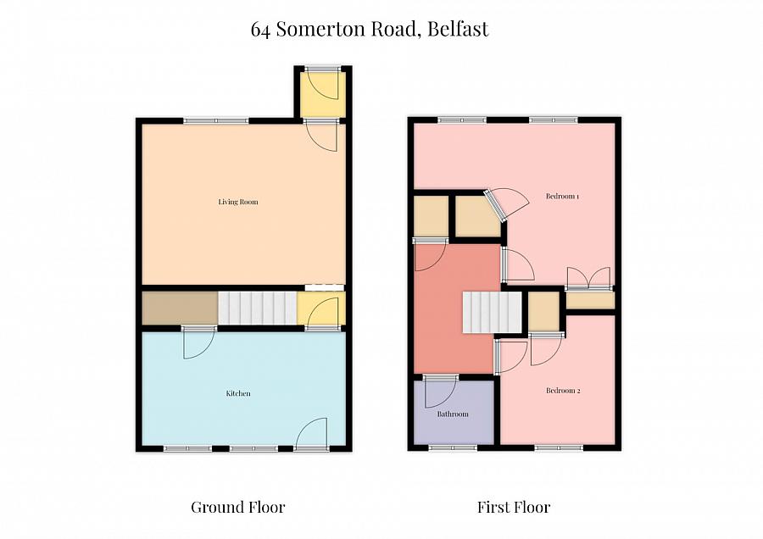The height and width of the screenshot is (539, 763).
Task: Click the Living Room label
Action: point(237,202)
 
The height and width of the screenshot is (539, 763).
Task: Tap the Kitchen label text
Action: point(237,393)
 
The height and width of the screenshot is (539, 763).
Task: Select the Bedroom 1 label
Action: point(562,197)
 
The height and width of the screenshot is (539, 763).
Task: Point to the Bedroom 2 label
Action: point(562,391)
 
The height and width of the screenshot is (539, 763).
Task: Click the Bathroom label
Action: point(453,414)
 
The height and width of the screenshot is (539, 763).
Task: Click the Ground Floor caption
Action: point(237,508)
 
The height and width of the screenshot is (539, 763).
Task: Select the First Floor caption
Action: point(514,508)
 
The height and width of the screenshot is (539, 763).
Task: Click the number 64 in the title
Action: point(261,30)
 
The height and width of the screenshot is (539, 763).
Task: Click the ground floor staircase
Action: point(258,308)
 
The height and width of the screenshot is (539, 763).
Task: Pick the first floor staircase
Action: point(491,312)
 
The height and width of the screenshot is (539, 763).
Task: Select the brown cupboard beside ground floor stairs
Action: point(179,308)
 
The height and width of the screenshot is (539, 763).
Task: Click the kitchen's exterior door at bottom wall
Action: point(312,434)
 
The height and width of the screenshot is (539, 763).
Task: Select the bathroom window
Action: point(452,447)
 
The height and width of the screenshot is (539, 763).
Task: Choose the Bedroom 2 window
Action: point(558,447)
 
